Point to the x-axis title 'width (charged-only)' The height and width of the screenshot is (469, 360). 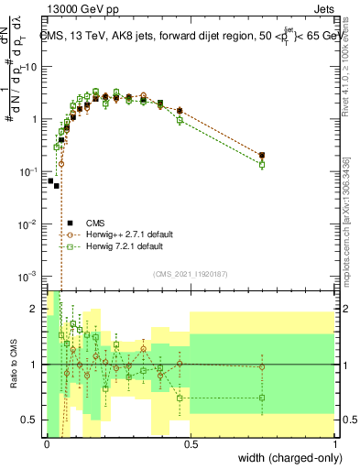[289, 458]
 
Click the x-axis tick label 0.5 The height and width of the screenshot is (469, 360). [191, 443]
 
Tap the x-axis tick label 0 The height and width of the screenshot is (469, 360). [47, 443]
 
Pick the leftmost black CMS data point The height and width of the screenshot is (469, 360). [50, 180]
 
